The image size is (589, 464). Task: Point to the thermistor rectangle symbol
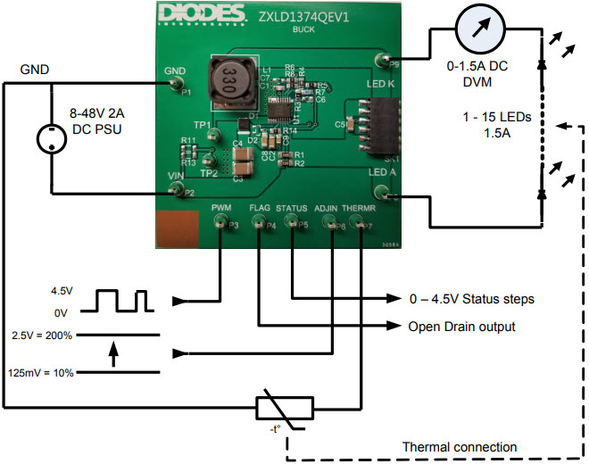[x=284, y=409]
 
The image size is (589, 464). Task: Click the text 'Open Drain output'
[x=461, y=327]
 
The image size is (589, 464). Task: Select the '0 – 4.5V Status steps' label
[x=471, y=298]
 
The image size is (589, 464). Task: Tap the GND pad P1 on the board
[x=174, y=84]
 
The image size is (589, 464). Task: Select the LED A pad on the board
[x=382, y=191]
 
